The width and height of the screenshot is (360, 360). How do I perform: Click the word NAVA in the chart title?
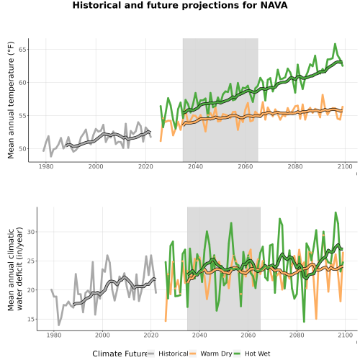point(274,5)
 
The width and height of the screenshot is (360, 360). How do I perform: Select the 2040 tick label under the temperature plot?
point(195,166)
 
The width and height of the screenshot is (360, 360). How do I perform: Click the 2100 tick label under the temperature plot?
point(345,166)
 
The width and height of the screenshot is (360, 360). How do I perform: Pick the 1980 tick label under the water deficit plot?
point(54,335)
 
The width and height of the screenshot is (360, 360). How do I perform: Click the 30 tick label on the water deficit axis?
point(32,232)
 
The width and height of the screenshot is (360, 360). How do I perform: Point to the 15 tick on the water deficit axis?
point(32,319)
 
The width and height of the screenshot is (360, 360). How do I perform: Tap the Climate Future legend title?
point(120,354)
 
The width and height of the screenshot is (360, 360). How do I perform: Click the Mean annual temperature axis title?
point(11,100)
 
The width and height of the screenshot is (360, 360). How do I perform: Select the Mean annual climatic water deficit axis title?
point(15,269)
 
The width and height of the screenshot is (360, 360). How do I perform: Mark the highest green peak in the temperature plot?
point(335,44)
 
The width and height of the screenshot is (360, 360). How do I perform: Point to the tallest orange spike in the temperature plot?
point(323,95)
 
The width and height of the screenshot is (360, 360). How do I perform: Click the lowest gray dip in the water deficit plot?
point(59,325)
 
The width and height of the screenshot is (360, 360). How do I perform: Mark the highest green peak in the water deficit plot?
point(336,212)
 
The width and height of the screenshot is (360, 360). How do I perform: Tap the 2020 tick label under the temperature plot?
point(145,166)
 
